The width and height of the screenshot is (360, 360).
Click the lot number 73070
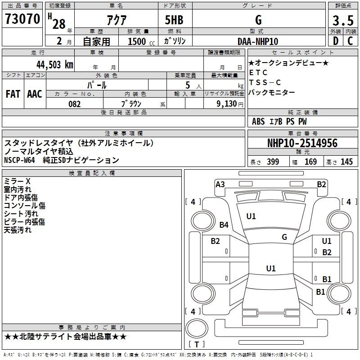(x=22, y=19)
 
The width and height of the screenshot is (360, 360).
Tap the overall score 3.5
(x=343, y=20)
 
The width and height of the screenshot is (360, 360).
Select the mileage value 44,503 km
(x=55, y=65)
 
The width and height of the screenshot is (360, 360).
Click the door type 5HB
(x=174, y=20)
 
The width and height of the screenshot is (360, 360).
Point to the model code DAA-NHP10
(x=258, y=41)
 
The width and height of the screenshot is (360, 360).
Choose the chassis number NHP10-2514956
(x=302, y=143)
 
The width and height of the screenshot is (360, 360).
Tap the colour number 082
(x=75, y=104)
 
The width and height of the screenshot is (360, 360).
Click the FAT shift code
(x=13, y=94)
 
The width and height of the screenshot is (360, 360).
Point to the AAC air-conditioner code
(x=35, y=94)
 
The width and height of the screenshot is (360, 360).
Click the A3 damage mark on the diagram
(x=220, y=184)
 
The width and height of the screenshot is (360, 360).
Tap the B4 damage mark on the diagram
(x=224, y=225)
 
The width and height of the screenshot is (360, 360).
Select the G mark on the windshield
(x=284, y=237)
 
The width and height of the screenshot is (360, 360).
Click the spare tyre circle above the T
(x=197, y=328)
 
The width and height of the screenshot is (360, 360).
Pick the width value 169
(x=310, y=162)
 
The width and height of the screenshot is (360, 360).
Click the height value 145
(x=346, y=162)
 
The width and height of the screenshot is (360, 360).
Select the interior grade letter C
(x=350, y=41)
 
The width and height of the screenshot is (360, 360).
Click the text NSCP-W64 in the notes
(x=19, y=160)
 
